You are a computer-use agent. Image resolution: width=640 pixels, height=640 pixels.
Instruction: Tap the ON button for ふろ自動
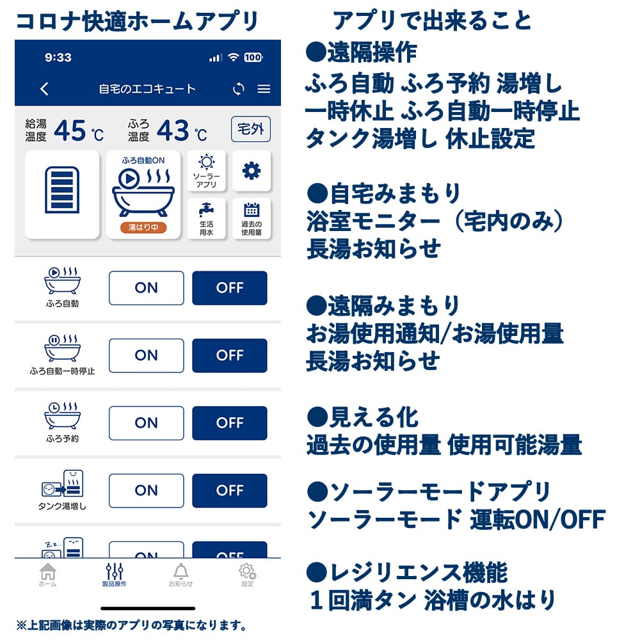[x=146, y=288]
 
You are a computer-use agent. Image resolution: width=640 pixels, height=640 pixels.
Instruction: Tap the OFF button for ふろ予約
[x=229, y=423]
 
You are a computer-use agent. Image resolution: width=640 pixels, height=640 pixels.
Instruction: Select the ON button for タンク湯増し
[x=146, y=491]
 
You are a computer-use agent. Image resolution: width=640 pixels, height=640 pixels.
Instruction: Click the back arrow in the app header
[x=44, y=89]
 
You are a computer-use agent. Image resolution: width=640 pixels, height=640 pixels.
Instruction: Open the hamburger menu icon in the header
[x=264, y=89]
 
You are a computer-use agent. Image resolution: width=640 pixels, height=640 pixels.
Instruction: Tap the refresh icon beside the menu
[x=239, y=89]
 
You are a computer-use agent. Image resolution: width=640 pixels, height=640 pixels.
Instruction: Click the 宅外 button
[x=250, y=130]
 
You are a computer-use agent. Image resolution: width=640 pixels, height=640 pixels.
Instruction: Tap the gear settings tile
[x=251, y=171]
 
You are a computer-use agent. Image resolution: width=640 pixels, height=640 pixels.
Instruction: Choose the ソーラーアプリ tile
[x=206, y=171]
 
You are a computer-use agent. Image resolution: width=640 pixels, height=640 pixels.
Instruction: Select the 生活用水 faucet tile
[x=206, y=218]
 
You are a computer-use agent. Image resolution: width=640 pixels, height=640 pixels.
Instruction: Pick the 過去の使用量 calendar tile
[x=251, y=218]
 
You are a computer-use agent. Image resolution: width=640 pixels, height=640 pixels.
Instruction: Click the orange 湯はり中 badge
[x=143, y=227]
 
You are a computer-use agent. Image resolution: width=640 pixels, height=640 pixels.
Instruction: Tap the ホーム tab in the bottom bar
[x=47, y=575]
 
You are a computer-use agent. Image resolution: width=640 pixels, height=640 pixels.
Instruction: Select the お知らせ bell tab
[x=180, y=575]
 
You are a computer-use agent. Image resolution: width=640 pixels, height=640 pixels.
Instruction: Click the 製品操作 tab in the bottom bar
[x=114, y=575]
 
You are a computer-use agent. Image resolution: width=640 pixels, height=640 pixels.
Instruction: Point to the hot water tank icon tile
[x=62, y=195]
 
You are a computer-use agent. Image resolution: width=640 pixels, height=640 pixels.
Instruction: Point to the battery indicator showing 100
[x=253, y=58]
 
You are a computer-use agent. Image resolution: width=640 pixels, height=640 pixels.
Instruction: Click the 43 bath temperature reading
[x=173, y=131]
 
